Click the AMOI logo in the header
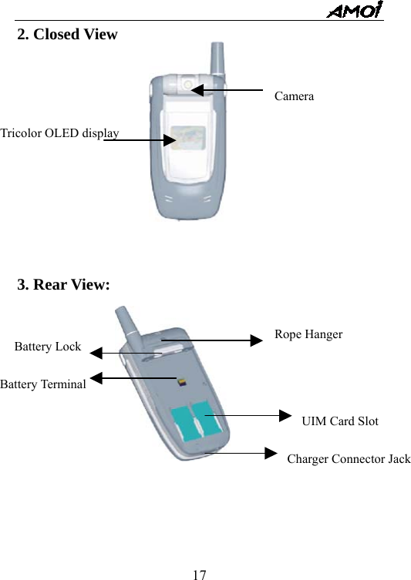[x=355, y=11]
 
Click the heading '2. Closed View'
[x=68, y=35]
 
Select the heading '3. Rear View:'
[x=64, y=285]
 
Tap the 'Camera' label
[x=294, y=96]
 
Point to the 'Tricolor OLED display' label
[x=59, y=133]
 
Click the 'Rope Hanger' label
[x=308, y=334]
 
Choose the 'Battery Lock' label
[x=48, y=347]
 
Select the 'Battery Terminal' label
[x=43, y=384]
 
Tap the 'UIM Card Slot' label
[x=340, y=421]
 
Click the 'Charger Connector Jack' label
[x=349, y=459]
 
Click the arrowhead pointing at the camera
[x=197, y=90]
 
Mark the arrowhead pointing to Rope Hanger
[x=257, y=340]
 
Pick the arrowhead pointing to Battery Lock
[x=96, y=353]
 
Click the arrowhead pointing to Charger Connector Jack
[x=270, y=453]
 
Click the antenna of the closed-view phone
[x=217, y=59]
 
